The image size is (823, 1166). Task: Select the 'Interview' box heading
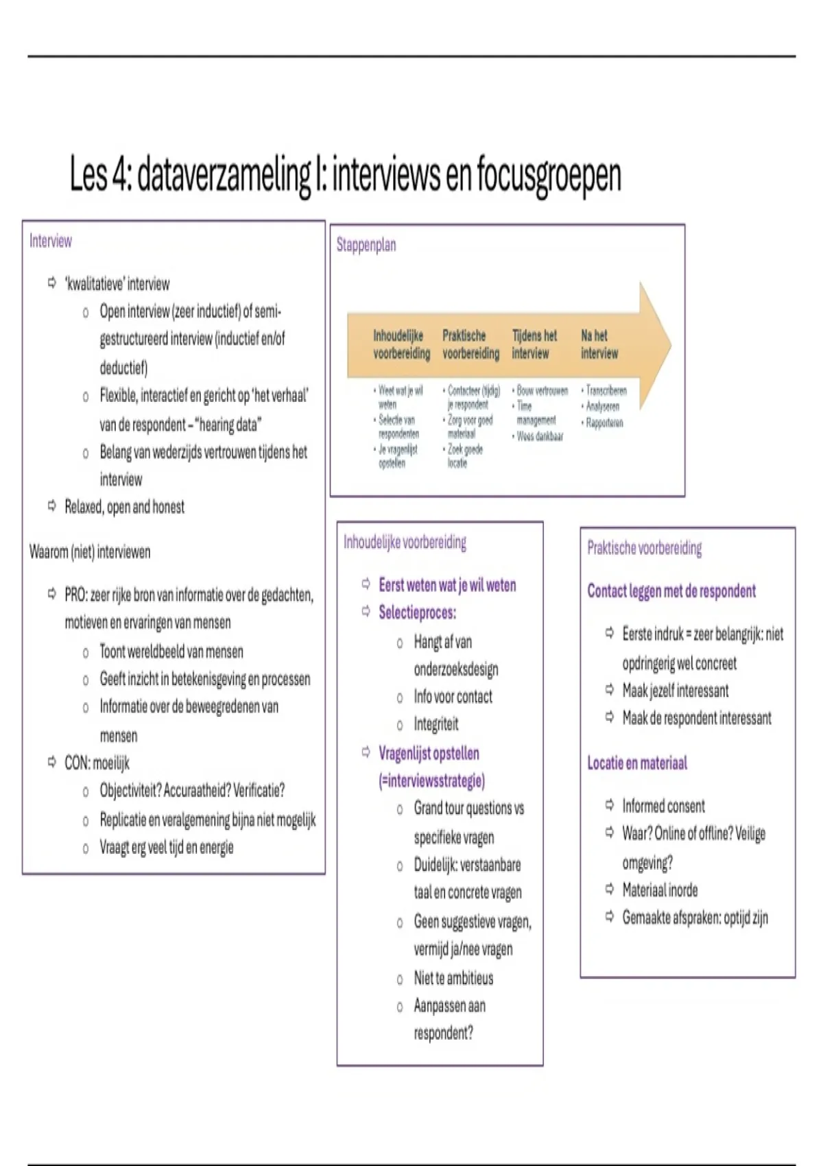(x=50, y=241)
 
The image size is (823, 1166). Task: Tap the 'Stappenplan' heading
(x=366, y=245)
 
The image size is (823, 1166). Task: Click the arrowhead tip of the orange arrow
(x=669, y=344)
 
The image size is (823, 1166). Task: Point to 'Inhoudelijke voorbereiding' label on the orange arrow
(x=401, y=344)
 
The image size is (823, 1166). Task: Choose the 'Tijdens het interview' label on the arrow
(x=534, y=344)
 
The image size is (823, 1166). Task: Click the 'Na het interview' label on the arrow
(x=599, y=344)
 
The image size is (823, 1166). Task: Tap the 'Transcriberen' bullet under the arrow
(x=606, y=391)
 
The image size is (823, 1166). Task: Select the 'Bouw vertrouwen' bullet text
(x=542, y=391)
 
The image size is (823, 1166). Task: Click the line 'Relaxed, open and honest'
(x=124, y=507)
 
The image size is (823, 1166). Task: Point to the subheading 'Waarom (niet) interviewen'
(x=90, y=552)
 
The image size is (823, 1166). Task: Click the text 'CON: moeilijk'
(x=97, y=763)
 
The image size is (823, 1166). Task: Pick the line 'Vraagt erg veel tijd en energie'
(x=167, y=848)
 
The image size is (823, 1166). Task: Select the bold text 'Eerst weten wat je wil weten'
(x=447, y=585)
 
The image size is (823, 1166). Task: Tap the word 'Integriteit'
(x=436, y=724)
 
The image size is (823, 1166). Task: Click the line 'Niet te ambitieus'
(x=453, y=978)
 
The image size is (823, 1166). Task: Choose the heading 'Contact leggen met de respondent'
(x=671, y=591)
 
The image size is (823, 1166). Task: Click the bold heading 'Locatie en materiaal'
(x=637, y=763)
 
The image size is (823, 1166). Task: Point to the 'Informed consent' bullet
(x=663, y=806)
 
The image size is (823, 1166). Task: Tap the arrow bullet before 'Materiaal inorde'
(x=609, y=890)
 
